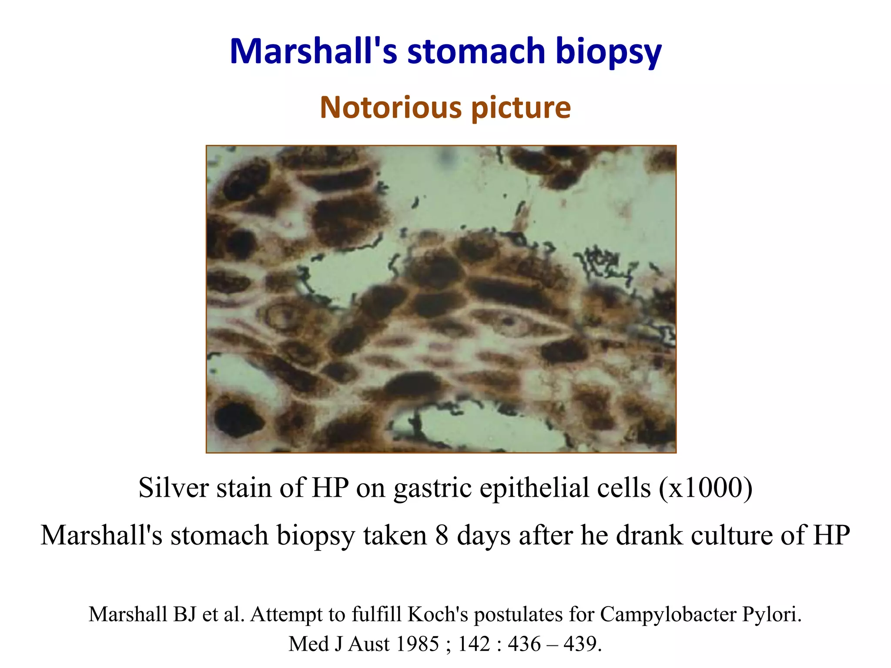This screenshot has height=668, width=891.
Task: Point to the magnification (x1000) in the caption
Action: pos(705,488)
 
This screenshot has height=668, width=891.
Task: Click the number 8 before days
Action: pos(442,535)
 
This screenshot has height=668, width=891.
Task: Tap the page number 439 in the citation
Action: pos(582,644)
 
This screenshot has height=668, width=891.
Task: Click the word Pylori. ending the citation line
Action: pos(771,615)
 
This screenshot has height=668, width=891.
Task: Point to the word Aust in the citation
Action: pos(368,644)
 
